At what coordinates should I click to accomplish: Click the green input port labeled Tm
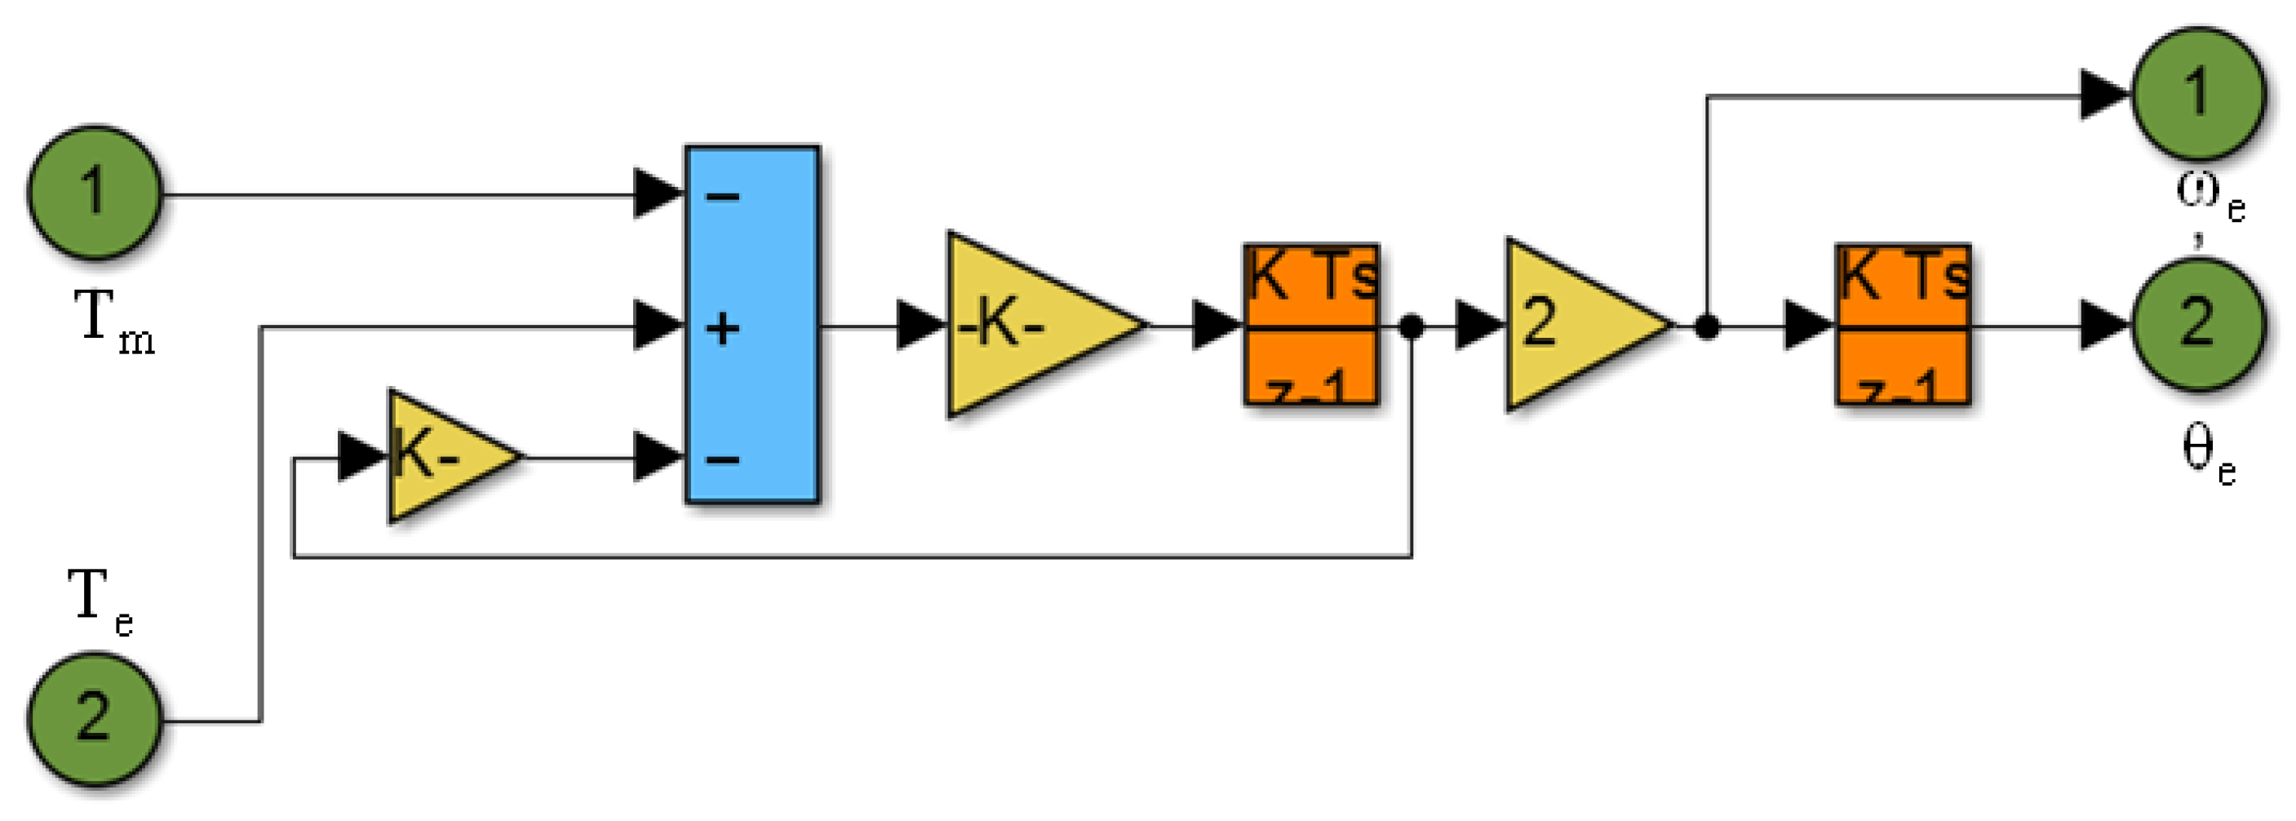[95, 193]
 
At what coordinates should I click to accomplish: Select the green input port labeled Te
[95, 718]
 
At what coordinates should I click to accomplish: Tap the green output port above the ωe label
[2197, 94]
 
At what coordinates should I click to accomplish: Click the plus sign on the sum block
[722, 328]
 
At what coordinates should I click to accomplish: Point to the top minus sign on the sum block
[722, 196]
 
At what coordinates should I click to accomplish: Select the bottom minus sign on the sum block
[722, 459]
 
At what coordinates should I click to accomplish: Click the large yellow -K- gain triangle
[1025, 326]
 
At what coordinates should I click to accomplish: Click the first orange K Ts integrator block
[1311, 326]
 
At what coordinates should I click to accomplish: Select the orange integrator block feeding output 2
[1902, 326]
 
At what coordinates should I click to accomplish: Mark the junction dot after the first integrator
[1411, 327]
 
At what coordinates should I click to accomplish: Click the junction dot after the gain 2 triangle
[1706, 327]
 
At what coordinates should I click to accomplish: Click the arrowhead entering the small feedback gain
[361, 457]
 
